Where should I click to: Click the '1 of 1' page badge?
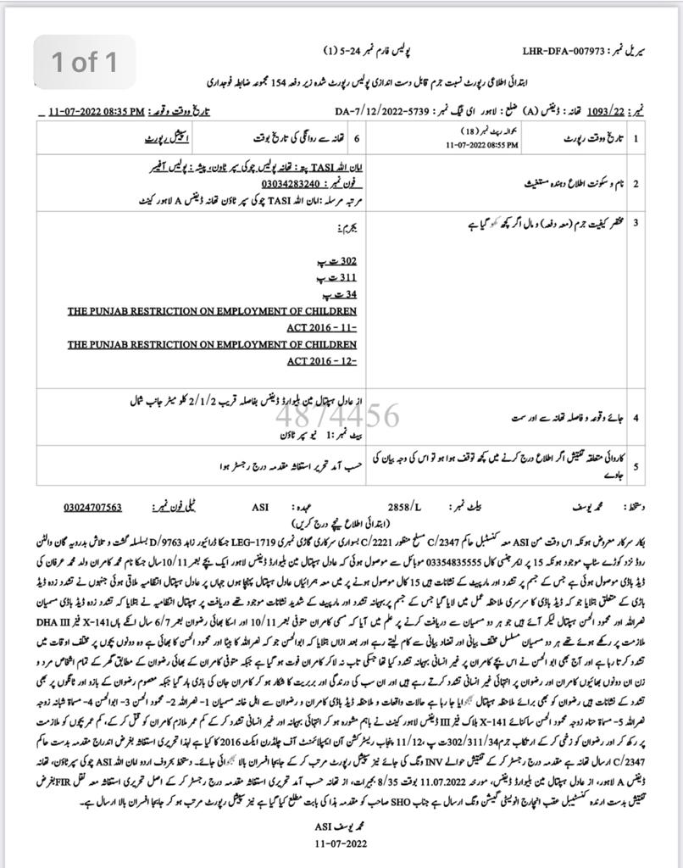84,63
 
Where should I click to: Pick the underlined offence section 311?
346,278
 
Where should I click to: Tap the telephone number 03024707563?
92,507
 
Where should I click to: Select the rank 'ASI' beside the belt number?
260,507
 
